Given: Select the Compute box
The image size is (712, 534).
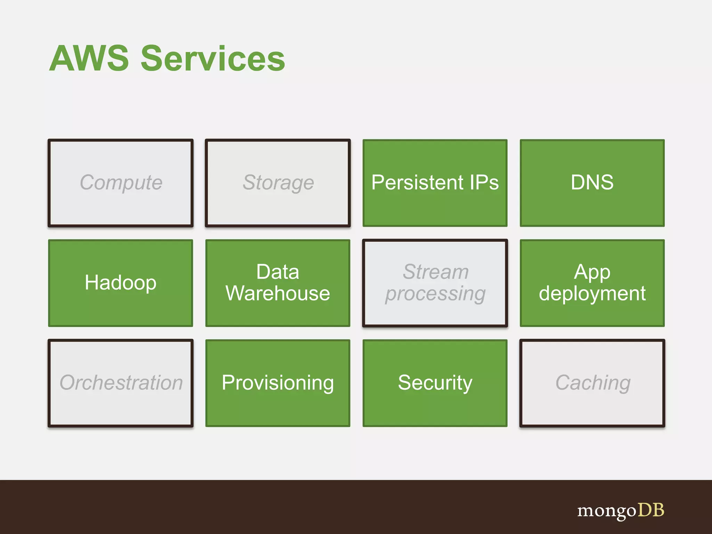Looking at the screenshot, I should [121, 183].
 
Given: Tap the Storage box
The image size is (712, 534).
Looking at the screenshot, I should [278, 183].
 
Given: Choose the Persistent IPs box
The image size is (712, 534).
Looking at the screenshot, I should [435, 183].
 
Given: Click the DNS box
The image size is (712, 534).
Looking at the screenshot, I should [592, 183].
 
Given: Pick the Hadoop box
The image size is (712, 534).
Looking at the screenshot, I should [121, 283].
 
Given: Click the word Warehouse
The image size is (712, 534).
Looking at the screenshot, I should [278, 293].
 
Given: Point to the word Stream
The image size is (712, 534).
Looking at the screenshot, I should [436, 272].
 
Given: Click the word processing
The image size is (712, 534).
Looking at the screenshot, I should [435, 294].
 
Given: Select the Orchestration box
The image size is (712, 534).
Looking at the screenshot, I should [121, 383].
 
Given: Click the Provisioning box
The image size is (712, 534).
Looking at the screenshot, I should [278, 383].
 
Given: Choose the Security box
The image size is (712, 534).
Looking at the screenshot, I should [435, 383].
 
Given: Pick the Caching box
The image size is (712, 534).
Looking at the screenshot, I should [592, 383].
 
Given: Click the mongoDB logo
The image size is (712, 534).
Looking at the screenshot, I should [621, 511].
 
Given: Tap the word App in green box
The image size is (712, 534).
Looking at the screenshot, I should [592, 272].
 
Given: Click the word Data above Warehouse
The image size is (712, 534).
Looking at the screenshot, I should [277, 272].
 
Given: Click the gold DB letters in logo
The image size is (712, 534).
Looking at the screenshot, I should [651, 510].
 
